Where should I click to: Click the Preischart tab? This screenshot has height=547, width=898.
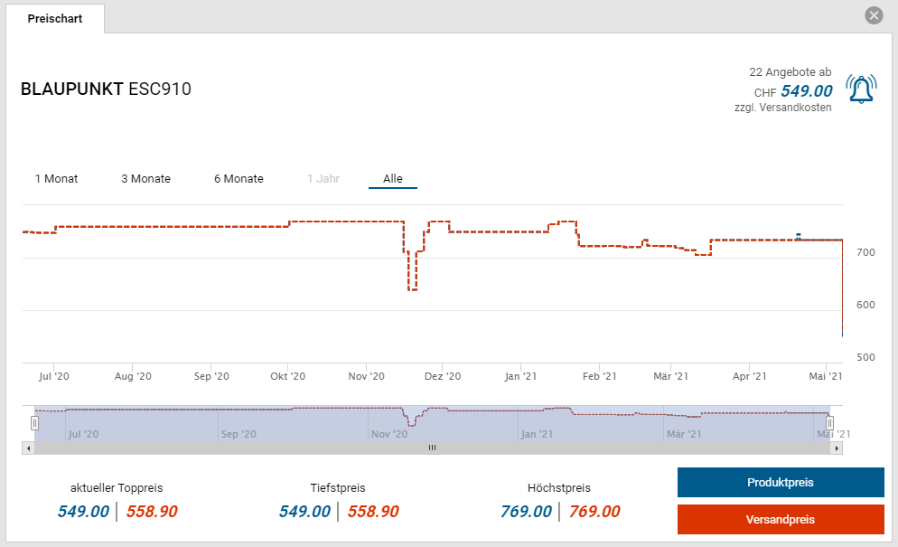click(54, 18)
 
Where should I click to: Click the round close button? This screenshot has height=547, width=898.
click(874, 15)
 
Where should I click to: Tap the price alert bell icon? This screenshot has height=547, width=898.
click(861, 89)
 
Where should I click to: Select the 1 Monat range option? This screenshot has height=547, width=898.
click(56, 179)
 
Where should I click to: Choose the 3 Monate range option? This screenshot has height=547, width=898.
click(145, 179)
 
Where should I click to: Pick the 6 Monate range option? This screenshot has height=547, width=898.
click(239, 179)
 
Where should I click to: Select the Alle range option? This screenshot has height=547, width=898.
click(393, 179)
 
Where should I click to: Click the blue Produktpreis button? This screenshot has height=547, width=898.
click(781, 483)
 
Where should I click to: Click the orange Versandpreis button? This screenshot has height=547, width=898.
click(781, 520)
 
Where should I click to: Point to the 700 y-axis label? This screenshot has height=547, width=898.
click(865, 252)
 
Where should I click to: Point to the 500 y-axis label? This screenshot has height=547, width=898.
click(865, 358)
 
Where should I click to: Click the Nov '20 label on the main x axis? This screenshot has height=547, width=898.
click(366, 376)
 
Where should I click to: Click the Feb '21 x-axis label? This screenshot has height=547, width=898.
click(599, 376)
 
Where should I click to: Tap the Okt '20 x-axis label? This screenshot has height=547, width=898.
click(288, 376)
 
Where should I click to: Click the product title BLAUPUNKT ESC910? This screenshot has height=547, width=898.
click(106, 90)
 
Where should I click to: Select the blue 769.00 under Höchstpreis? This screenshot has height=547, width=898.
click(526, 512)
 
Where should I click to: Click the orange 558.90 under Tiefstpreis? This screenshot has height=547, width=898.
click(373, 512)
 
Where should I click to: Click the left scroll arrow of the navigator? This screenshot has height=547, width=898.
click(28, 448)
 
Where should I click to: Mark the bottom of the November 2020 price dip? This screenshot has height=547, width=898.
click(413, 289)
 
